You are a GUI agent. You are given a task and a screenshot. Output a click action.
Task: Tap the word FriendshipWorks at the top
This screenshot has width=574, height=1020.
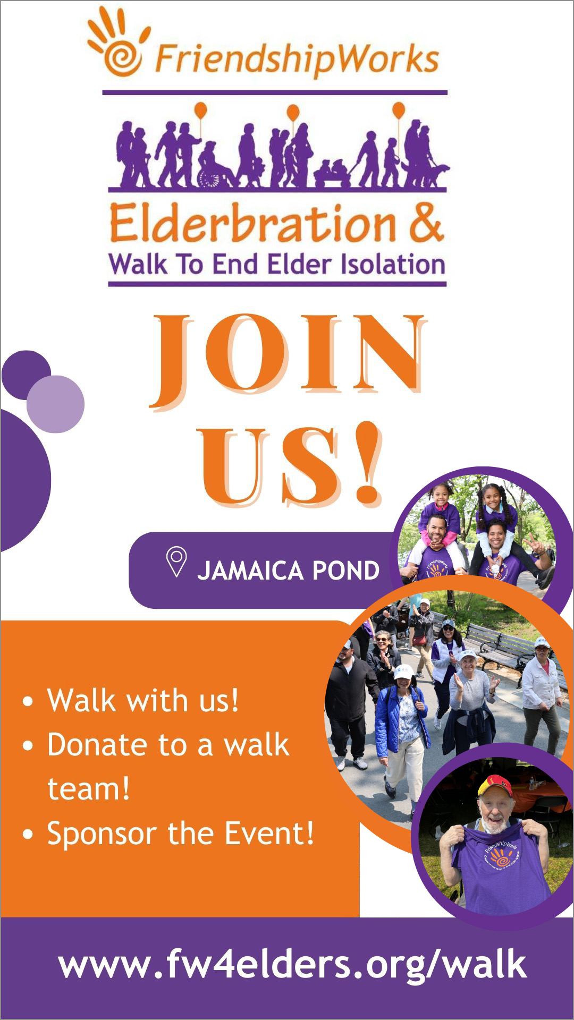pos(297,59)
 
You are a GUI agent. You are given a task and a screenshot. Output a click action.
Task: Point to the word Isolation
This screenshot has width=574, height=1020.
pos(393,264)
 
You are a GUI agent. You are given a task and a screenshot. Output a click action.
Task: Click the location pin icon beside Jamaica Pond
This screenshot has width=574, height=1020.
pos(176,562)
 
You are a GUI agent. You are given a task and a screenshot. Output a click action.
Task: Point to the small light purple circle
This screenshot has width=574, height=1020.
pos(55,404)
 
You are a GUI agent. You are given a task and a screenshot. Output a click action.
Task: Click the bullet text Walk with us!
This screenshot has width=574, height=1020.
pos(143,700)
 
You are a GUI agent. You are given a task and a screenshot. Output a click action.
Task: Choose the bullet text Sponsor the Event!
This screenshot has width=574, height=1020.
pos(181,833)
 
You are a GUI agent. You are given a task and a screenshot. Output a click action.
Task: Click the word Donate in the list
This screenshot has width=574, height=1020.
pos(96,744)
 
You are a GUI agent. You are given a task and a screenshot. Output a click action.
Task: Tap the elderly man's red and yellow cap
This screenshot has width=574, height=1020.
pos(495,785)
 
